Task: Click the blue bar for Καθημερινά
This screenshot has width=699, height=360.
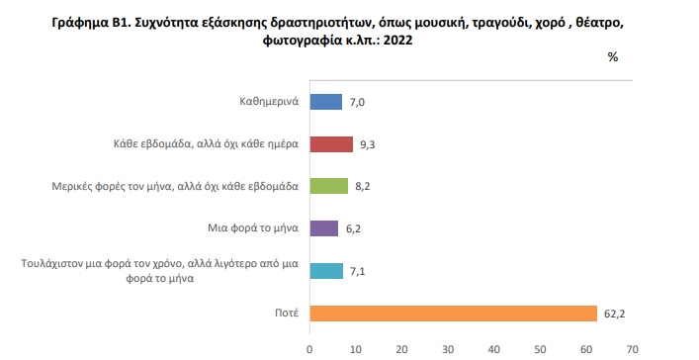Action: pos(326,102)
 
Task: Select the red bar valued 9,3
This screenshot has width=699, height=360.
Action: pos(331,144)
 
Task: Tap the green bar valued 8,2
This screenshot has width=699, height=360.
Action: pos(329,186)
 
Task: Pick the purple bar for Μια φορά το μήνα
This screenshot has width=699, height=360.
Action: pos(324,228)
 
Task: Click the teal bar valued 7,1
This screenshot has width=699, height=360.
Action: pos(326,271)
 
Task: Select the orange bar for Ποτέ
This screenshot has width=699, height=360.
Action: pos(453,314)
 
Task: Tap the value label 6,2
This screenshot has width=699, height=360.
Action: pos(352,228)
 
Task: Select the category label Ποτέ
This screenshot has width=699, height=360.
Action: pos(288,314)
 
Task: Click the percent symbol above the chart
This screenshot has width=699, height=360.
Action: pos(612,57)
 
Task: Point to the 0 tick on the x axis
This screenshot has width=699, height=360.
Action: pos(310,349)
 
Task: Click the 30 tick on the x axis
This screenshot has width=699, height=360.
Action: pos(448,349)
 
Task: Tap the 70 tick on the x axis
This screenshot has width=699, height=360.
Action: pos(632,349)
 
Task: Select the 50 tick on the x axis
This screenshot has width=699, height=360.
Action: pos(540,349)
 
